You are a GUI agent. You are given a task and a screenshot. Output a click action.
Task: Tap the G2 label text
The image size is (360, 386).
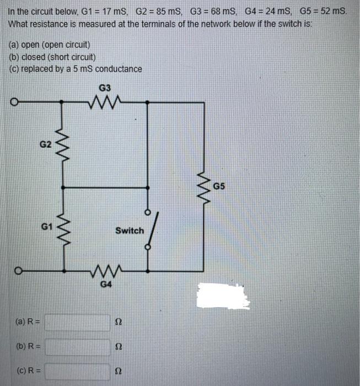pyautogui.click(x=46, y=144)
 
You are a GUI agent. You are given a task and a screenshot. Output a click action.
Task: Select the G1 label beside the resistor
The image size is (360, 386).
pyautogui.click(x=47, y=226)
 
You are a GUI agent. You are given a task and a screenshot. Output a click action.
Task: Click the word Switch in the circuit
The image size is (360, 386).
pyautogui.click(x=129, y=230)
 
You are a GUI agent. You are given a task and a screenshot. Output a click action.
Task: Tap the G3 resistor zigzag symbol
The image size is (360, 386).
pyautogui.click(x=105, y=101)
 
